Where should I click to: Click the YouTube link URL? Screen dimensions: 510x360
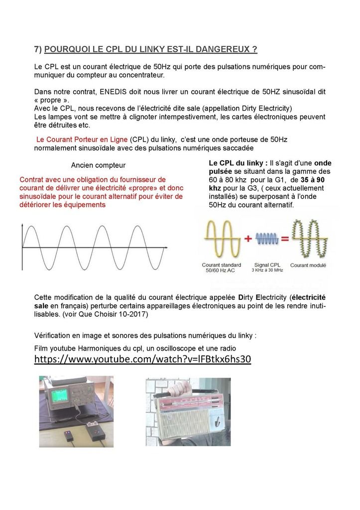click(x=142, y=359)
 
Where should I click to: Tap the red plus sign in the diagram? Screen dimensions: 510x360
click(x=247, y=239)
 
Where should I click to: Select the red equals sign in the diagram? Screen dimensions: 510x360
click(x=285, y=239)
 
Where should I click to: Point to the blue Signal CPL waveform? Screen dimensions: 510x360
click(x=266, y=239)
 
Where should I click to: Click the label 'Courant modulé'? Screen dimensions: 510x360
click(x=308, y=265)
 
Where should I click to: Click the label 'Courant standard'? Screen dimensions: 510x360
click(x=221, y=265)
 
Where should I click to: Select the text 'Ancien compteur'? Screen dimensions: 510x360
click(x=98, y=165)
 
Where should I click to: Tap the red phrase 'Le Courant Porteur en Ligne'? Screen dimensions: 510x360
click(x=82, y=139)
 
